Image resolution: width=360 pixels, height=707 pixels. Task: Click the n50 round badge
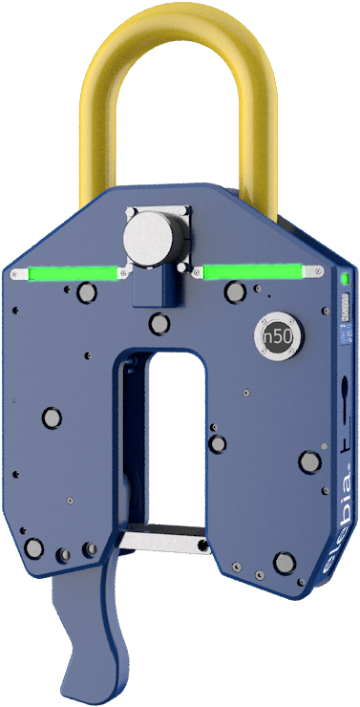pos(277,336)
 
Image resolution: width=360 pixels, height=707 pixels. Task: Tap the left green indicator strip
pos(68,275)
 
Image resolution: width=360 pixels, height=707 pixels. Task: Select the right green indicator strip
pos(250,273)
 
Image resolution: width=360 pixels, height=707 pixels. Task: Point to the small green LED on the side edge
pos(343,280)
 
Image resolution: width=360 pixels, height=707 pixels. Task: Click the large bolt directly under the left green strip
pos(83,296)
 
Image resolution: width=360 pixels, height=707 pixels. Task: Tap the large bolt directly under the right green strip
pos(233,291)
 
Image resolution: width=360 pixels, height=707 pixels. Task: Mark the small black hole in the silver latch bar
pos(201,545)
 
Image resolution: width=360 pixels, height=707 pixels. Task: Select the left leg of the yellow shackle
pos(97,134)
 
